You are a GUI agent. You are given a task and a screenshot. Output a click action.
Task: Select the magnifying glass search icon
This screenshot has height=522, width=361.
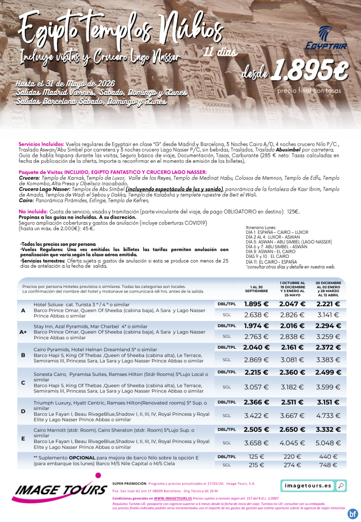[340, 485]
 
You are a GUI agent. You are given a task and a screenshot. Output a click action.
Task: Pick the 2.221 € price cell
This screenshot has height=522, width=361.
[328, 304]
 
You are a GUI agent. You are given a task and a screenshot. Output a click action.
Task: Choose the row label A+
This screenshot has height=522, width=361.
[23, 332]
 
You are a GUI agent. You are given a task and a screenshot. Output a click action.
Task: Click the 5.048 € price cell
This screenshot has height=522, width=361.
[328, 443]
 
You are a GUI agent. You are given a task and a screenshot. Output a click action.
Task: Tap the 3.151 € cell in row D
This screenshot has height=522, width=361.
[328, 402]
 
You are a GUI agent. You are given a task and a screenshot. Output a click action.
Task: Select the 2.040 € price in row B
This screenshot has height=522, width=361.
[256, 347]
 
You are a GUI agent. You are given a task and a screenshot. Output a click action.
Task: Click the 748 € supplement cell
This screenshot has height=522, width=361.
[328, 465]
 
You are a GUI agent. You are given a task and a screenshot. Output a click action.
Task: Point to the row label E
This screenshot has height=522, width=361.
[23, 438]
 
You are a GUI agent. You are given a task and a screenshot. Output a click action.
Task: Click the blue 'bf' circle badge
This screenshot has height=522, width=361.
[353, 514]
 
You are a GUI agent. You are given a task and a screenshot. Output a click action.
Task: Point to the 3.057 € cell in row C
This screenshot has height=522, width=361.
[256, 387]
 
